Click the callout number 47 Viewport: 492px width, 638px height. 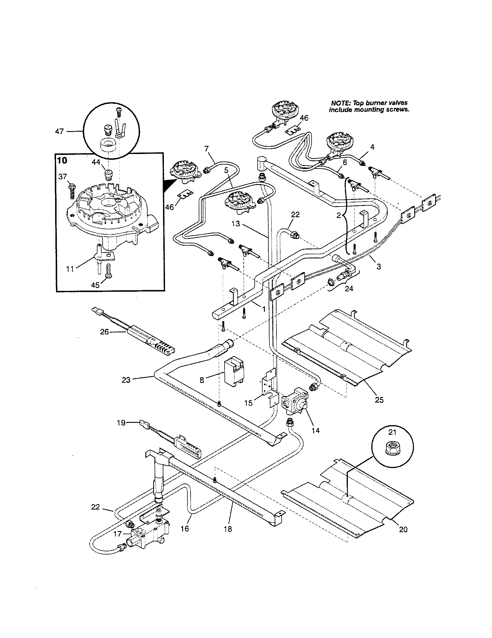(x=59, y=131)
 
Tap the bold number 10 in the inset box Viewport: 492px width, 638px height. (x=62, y=160)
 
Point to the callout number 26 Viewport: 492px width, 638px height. (x=104, y=331)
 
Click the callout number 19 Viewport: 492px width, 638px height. (x=121, y=423)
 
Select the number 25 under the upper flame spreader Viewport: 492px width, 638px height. (x=379, y=400)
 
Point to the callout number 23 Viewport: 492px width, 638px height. (x=126, y=380)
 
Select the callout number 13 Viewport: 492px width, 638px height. (x=236, y=224)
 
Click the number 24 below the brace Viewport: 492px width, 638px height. (x=349, y=289)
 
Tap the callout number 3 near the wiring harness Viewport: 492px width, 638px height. (x=379, y=266)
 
